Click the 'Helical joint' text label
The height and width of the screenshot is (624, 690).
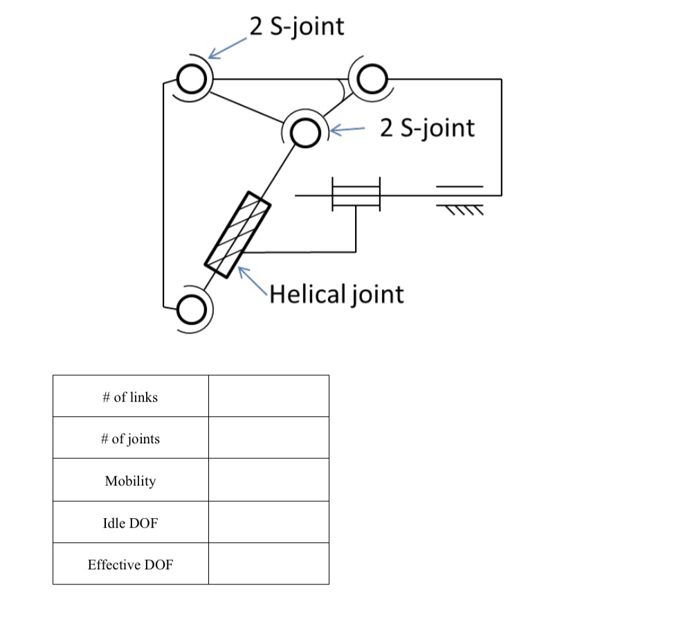click(336, 294)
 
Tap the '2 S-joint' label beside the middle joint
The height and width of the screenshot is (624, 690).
click(427, 127)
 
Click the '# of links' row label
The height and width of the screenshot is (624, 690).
click(130, 397)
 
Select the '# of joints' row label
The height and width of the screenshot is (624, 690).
click(130, 438)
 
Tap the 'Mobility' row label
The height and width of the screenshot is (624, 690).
click(130, 481)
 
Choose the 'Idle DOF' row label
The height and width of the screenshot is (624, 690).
click(130, 523)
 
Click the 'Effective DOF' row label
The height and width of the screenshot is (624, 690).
click(130, 564)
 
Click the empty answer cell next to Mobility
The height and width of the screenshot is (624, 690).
click(269, 480)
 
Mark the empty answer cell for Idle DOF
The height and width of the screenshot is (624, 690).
click(269, 522)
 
